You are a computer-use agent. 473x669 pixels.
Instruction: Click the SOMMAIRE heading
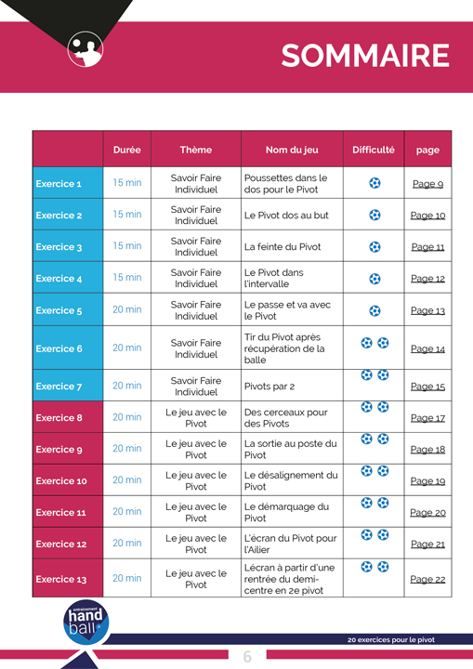(x=365, y=56)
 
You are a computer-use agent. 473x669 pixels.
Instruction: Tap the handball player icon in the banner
(x=85, y=49)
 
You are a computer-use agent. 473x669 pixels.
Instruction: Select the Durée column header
(x=126, y=150)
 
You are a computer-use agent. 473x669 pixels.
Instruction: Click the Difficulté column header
(x=374, y=150)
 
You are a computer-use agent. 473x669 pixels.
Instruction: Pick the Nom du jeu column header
(x=292, y=150)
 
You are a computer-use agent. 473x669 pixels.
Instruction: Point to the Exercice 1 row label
(x=59, y=184)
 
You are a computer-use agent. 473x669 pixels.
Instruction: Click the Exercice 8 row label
(x=59, y=418)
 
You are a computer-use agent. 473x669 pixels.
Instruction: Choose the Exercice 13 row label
(x=61, y=579)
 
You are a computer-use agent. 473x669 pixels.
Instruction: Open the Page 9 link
(x=427, y=184)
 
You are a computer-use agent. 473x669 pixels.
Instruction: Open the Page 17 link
(x=427, y=418)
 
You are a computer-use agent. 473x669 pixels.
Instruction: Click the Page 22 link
(x=427, y=579)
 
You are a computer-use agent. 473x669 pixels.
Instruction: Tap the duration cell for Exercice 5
(x=126, y=309)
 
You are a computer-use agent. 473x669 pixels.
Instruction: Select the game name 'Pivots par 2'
(x=269, y=387)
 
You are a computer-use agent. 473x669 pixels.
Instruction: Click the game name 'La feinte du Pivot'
(x=282, y=246)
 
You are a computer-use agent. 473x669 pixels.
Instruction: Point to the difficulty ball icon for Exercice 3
(x=374, y=247)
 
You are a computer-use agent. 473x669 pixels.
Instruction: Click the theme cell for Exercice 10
(x=196, y=481)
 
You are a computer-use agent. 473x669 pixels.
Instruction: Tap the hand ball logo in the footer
(x=85, y=622)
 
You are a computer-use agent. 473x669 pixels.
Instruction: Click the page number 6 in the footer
(x=247, y=656)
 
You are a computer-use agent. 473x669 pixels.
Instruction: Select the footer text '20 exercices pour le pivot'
(x=391, y=639)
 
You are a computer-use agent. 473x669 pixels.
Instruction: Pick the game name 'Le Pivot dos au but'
(x=286, y=216)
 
